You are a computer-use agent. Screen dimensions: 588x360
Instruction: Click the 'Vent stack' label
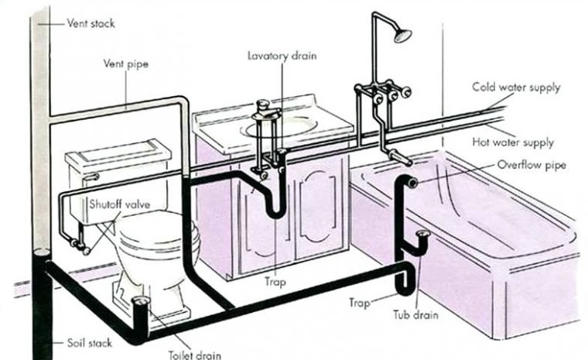tap(91, 23)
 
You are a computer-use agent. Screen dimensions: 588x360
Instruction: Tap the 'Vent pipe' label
tap(125, 63)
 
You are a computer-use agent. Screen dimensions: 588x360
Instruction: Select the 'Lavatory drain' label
tap(282, 56)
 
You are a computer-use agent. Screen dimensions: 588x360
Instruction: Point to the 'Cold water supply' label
tap(516, 87)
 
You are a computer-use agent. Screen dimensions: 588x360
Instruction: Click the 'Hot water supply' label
tap(513, 142)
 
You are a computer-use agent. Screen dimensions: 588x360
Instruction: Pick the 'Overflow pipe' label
tap(532, 165)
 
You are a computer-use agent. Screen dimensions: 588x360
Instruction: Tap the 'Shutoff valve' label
tap(119, 204)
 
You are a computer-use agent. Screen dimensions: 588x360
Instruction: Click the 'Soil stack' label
tap(89, 343)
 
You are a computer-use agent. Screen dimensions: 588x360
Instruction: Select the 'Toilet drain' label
tap(195, 355)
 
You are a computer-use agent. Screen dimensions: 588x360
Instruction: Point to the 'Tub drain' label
tap(415, 314)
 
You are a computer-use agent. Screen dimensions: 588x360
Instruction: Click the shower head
tap(402, 36)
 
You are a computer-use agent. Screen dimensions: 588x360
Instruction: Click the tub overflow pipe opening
tap(412, 183)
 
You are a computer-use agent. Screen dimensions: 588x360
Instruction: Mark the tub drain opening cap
tap(423, 235)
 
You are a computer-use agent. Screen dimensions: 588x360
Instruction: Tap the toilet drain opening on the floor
tap(142, 300)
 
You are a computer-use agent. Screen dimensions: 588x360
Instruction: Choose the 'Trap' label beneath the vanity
tap(275, 282)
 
